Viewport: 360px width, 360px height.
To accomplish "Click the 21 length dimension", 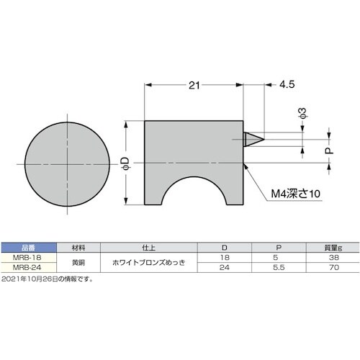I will click(x=193, y=85).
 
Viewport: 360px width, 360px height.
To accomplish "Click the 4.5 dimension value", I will click(x=287, y=85).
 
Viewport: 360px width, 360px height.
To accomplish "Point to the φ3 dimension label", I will click(x=302, y=113).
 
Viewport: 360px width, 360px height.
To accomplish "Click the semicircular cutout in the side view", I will click(x=195, y=194).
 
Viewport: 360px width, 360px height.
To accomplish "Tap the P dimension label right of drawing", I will click(x=328, y=152).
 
